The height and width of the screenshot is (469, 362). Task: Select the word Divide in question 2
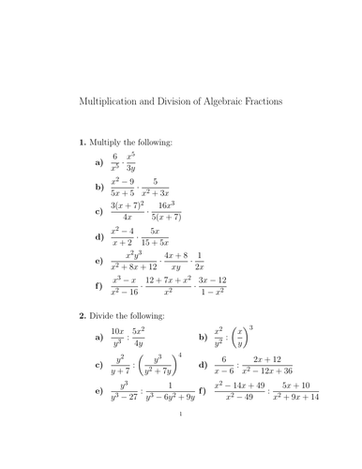104,316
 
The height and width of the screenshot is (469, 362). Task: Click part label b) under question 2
204,336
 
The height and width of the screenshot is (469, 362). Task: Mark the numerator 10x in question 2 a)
117,329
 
